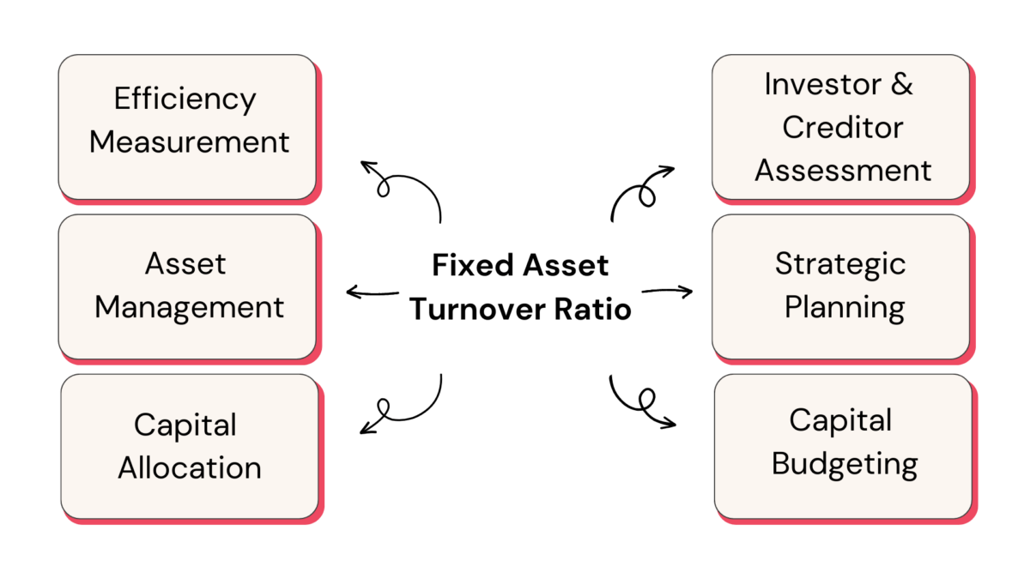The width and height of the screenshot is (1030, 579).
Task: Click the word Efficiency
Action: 185,100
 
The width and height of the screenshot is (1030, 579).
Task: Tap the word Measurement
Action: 190,142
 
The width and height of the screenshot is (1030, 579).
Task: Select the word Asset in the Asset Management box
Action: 185,263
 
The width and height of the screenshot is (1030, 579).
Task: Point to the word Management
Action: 190,306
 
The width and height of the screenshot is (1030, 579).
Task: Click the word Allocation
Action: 190,467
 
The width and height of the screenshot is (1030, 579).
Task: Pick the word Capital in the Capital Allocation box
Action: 185,425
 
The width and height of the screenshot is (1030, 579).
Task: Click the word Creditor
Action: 843,127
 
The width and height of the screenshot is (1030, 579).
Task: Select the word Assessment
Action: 843,170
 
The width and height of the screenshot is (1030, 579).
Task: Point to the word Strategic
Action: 840,263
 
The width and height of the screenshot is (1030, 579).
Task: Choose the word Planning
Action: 845,306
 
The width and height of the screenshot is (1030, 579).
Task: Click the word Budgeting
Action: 845,464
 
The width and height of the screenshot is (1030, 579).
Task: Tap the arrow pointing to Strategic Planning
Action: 668,292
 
